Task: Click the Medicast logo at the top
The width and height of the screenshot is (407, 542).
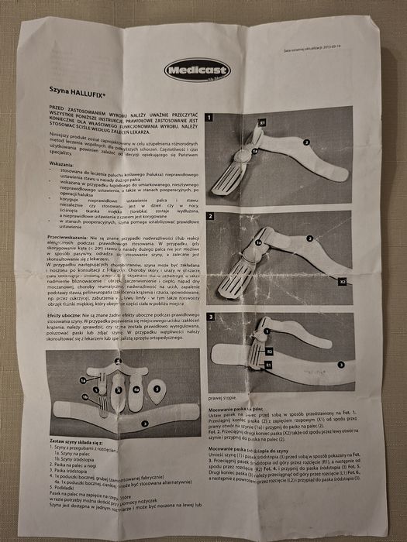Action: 198,70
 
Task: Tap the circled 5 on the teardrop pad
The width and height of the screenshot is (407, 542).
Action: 156,388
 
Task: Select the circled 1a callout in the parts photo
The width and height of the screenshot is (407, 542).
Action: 82,380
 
